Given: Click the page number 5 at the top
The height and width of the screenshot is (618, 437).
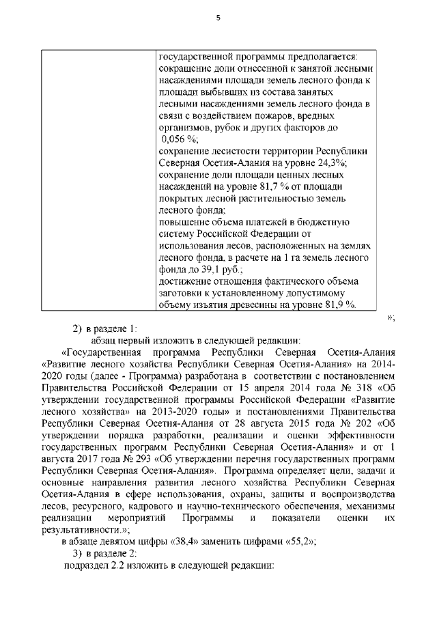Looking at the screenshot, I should (218, 18).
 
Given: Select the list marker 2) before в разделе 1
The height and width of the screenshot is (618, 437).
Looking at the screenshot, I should (78, 328).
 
